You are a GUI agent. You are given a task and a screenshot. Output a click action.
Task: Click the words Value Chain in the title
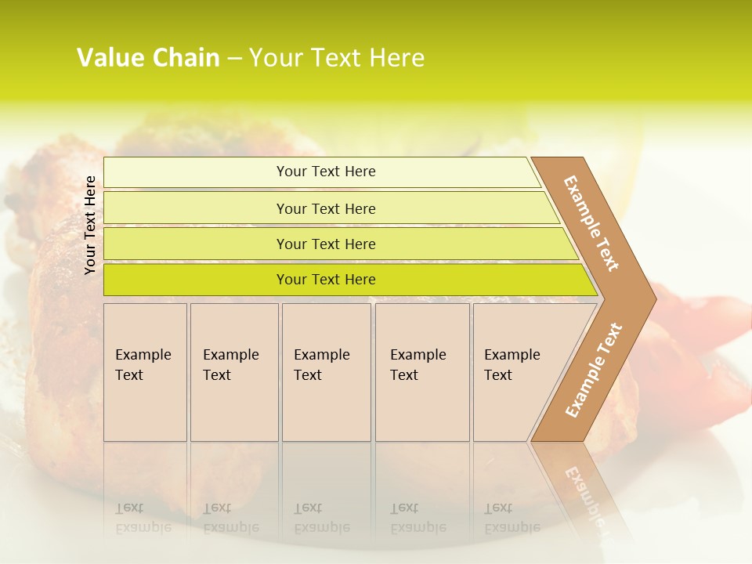click(x=148, y=58)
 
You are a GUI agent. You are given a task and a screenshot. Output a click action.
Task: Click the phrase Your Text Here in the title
click(x=337, y=58)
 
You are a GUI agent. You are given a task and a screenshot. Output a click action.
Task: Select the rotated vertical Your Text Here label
click(x=90, y=225)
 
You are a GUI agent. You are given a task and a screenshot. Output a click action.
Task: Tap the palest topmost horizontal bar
click(x=326, y=172)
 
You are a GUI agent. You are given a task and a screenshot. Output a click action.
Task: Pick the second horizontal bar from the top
click(x=326, y=208)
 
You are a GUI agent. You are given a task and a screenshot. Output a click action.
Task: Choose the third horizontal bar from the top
click(x=326, y=244)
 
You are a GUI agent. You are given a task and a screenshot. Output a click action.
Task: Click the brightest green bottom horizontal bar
click(x=326, y=280)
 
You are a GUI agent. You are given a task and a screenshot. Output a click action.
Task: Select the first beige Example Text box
click(x=145, y=372)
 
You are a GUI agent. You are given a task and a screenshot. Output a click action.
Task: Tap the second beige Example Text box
click(x=233, y=372)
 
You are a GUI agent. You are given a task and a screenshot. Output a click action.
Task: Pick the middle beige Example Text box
click(x=326, y=372)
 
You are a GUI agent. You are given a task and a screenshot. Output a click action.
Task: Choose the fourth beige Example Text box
click(x=421, y=372)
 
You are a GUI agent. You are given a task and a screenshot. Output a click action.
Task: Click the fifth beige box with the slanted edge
click(x=513, y=372)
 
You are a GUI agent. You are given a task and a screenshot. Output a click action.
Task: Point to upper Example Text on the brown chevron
click(x=591, y=223)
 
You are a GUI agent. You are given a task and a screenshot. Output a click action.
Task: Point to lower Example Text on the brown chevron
click(x=594, y=370)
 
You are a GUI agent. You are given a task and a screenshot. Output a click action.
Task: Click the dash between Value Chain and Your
click(x=234, y=59)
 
